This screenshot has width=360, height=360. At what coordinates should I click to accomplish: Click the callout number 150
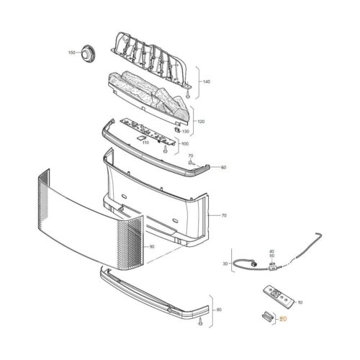tap(72, 53)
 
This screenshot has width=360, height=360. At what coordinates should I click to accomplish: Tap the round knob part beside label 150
tap(89, 54)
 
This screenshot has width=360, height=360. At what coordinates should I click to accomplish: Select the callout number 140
tap(207, 82)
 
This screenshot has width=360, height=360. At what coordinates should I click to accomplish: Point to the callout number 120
tap(201, 122)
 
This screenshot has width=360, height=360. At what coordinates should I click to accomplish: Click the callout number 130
tap(186, 132)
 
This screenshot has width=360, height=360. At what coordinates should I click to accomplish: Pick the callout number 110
tap(145, 143)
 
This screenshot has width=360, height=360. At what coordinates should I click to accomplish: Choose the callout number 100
tap(185, 144)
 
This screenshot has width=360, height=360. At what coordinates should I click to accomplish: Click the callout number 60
tap(223, 167)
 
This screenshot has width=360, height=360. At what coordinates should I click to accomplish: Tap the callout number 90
tap(152, 246)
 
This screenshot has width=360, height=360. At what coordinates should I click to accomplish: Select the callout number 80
tap(219, 310)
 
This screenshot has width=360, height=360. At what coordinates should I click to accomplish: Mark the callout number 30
tap(225, 264)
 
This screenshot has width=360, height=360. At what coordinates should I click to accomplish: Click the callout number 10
tap(300, 302)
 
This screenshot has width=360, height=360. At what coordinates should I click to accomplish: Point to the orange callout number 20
tap(283, 319)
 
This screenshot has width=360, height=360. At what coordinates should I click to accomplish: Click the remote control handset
tap(279, 296)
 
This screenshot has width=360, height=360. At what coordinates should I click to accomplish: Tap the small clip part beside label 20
tap(267, 316)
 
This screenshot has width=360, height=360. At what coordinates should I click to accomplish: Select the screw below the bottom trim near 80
tap(200, 323)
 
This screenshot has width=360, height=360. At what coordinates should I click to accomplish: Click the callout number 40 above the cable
tap(271, 251)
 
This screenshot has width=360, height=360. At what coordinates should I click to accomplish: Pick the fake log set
tap(149, 96)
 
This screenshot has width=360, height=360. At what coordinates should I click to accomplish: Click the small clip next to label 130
tap(177, 130)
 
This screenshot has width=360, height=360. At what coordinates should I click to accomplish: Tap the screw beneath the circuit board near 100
tap(165, 149)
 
